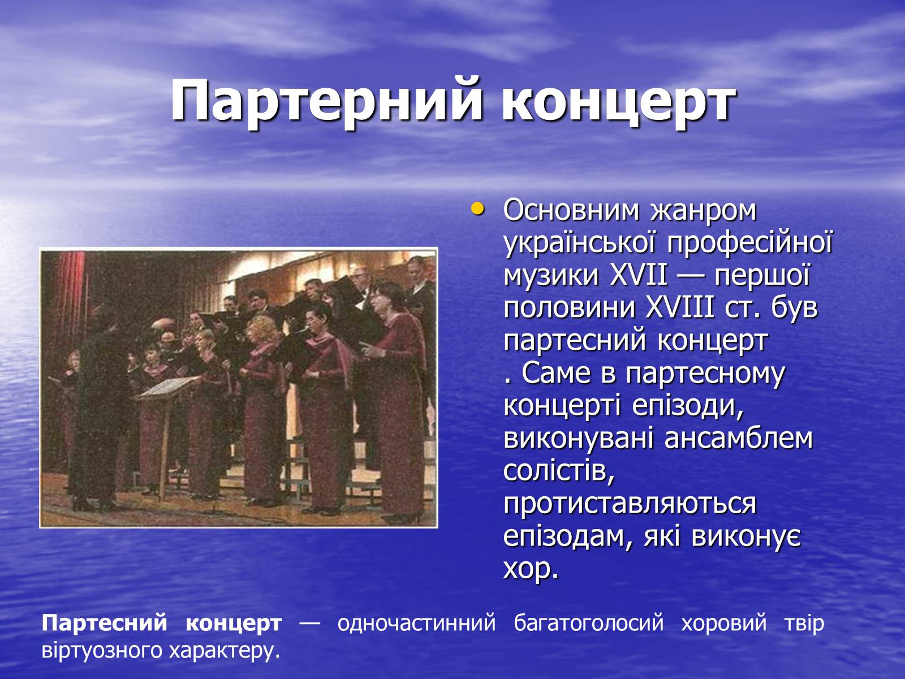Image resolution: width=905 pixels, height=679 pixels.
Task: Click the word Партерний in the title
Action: pyautogui.click(x=326, y=101)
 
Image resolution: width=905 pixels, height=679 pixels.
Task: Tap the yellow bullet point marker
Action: pyautogui.click(x=477, y=209)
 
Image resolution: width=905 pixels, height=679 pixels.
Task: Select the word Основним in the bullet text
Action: pyautogui.click(x=571, y=210)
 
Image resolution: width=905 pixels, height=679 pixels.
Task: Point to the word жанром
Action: pyautogui.click(x=704, y=210)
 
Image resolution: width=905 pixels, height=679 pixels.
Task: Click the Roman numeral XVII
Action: pyautogui.click(x=638, y=276)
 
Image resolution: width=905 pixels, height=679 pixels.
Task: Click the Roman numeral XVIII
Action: pyautogui.click(x=680, y=308)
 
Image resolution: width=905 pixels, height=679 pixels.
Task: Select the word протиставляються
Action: pyautogui.click(x=630, y=504)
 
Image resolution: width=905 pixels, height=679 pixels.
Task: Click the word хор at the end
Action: pyautogui.click(x=528, y=570)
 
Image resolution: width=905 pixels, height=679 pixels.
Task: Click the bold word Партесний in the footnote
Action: pyautogui.click(x=104, y=623)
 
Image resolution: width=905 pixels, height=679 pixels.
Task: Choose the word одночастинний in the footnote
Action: pyautogui.click(x=416, y=623)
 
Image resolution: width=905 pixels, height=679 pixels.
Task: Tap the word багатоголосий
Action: pyautogui.click(x=589, y=623)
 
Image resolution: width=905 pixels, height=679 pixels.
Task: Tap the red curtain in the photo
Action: pyautogui.click(x=66, y=313)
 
